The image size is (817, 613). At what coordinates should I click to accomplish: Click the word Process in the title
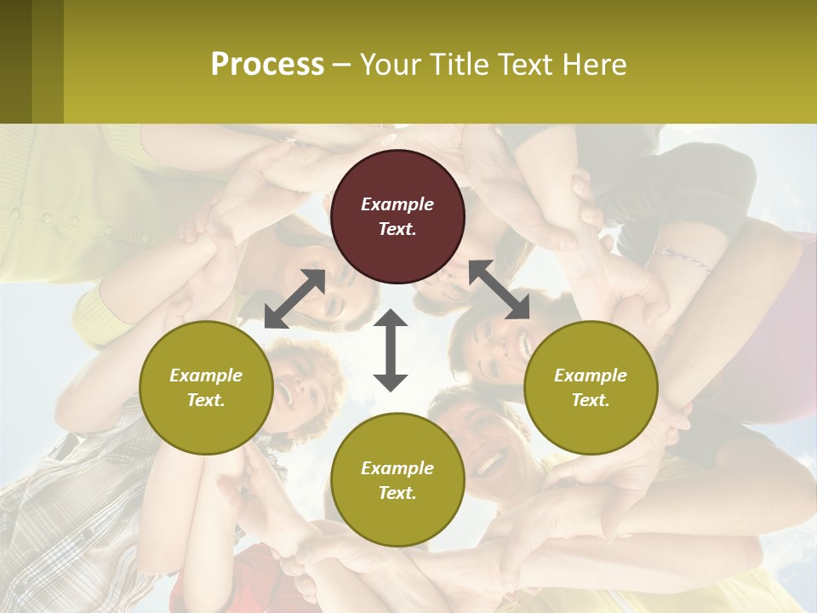click(x=267, y=65)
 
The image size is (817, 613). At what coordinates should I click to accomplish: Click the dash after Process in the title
click(x=342, y=66)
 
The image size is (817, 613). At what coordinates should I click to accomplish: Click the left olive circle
click(x=206, y=387)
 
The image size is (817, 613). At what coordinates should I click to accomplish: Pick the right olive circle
click(x=591, y=387)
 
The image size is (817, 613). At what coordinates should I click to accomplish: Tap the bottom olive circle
click(x=397, y=480)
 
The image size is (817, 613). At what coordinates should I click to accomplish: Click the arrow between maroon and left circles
click(x=295, y=299)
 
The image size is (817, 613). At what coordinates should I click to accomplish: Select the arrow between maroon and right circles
click(x=499, y=289)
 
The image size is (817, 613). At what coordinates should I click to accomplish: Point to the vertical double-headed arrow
click(x=391, y=350)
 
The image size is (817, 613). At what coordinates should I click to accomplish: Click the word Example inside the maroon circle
click(x=397, y=204)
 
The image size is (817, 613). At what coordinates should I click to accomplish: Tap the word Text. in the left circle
click(x=206, y=400)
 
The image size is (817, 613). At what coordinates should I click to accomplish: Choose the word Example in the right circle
click(x=591, y=375)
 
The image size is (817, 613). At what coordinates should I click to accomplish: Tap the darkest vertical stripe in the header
click(x=15, y=61)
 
